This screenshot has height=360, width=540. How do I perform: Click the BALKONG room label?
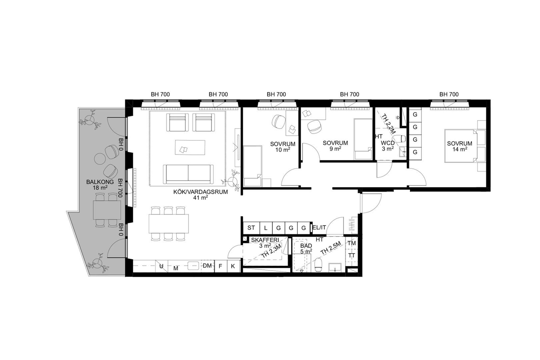tap(100, 182)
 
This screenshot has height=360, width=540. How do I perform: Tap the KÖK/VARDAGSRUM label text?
tap(200, 192)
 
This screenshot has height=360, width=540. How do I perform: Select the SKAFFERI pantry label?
tap(265, 240)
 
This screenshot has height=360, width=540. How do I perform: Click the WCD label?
tap(388, 143)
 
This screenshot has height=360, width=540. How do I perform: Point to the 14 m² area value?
tap(459, 149)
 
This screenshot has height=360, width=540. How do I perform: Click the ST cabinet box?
tap(251, 228)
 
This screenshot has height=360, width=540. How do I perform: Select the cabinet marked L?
tap(266, 228)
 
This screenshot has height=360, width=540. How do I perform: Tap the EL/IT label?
tap(319, 228)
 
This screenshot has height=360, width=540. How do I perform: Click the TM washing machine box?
tap(352, 243)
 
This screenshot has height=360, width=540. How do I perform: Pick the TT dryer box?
tap(352, 255)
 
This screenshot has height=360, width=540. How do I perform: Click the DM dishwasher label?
tap(207, 266)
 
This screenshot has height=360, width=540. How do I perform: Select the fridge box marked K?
tap(233, 266)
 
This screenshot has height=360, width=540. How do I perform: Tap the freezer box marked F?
tap(220, 266)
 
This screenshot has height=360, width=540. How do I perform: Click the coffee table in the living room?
tap(190, 147)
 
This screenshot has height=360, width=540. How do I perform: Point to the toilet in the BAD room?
tap(319, 265)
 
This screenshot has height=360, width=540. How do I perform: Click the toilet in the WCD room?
tap(399, 139)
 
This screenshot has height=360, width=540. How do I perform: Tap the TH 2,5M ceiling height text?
tap(331, 252)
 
